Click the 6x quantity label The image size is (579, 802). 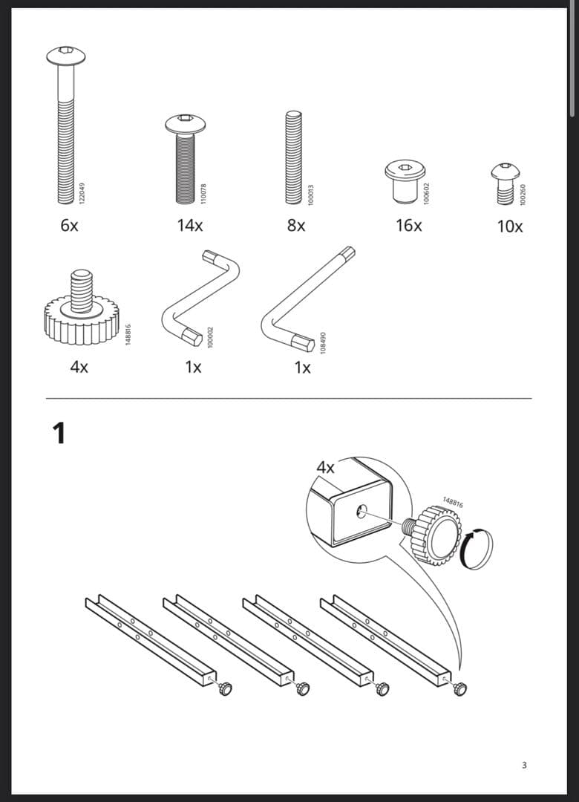click(69, 226)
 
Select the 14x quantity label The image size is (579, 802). click(190, 226)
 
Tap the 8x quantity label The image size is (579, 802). click(296, 226)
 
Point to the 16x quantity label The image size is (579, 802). click(409, 226)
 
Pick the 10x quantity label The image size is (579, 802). click(510, 226)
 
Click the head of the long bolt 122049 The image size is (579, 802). click(66, 55)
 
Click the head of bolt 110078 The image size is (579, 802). click(185, 123)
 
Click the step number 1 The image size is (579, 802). click(59, 433)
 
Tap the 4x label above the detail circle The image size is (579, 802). click(325, 468)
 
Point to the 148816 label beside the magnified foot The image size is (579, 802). click(453, 503)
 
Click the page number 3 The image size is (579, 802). click(524, 765)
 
